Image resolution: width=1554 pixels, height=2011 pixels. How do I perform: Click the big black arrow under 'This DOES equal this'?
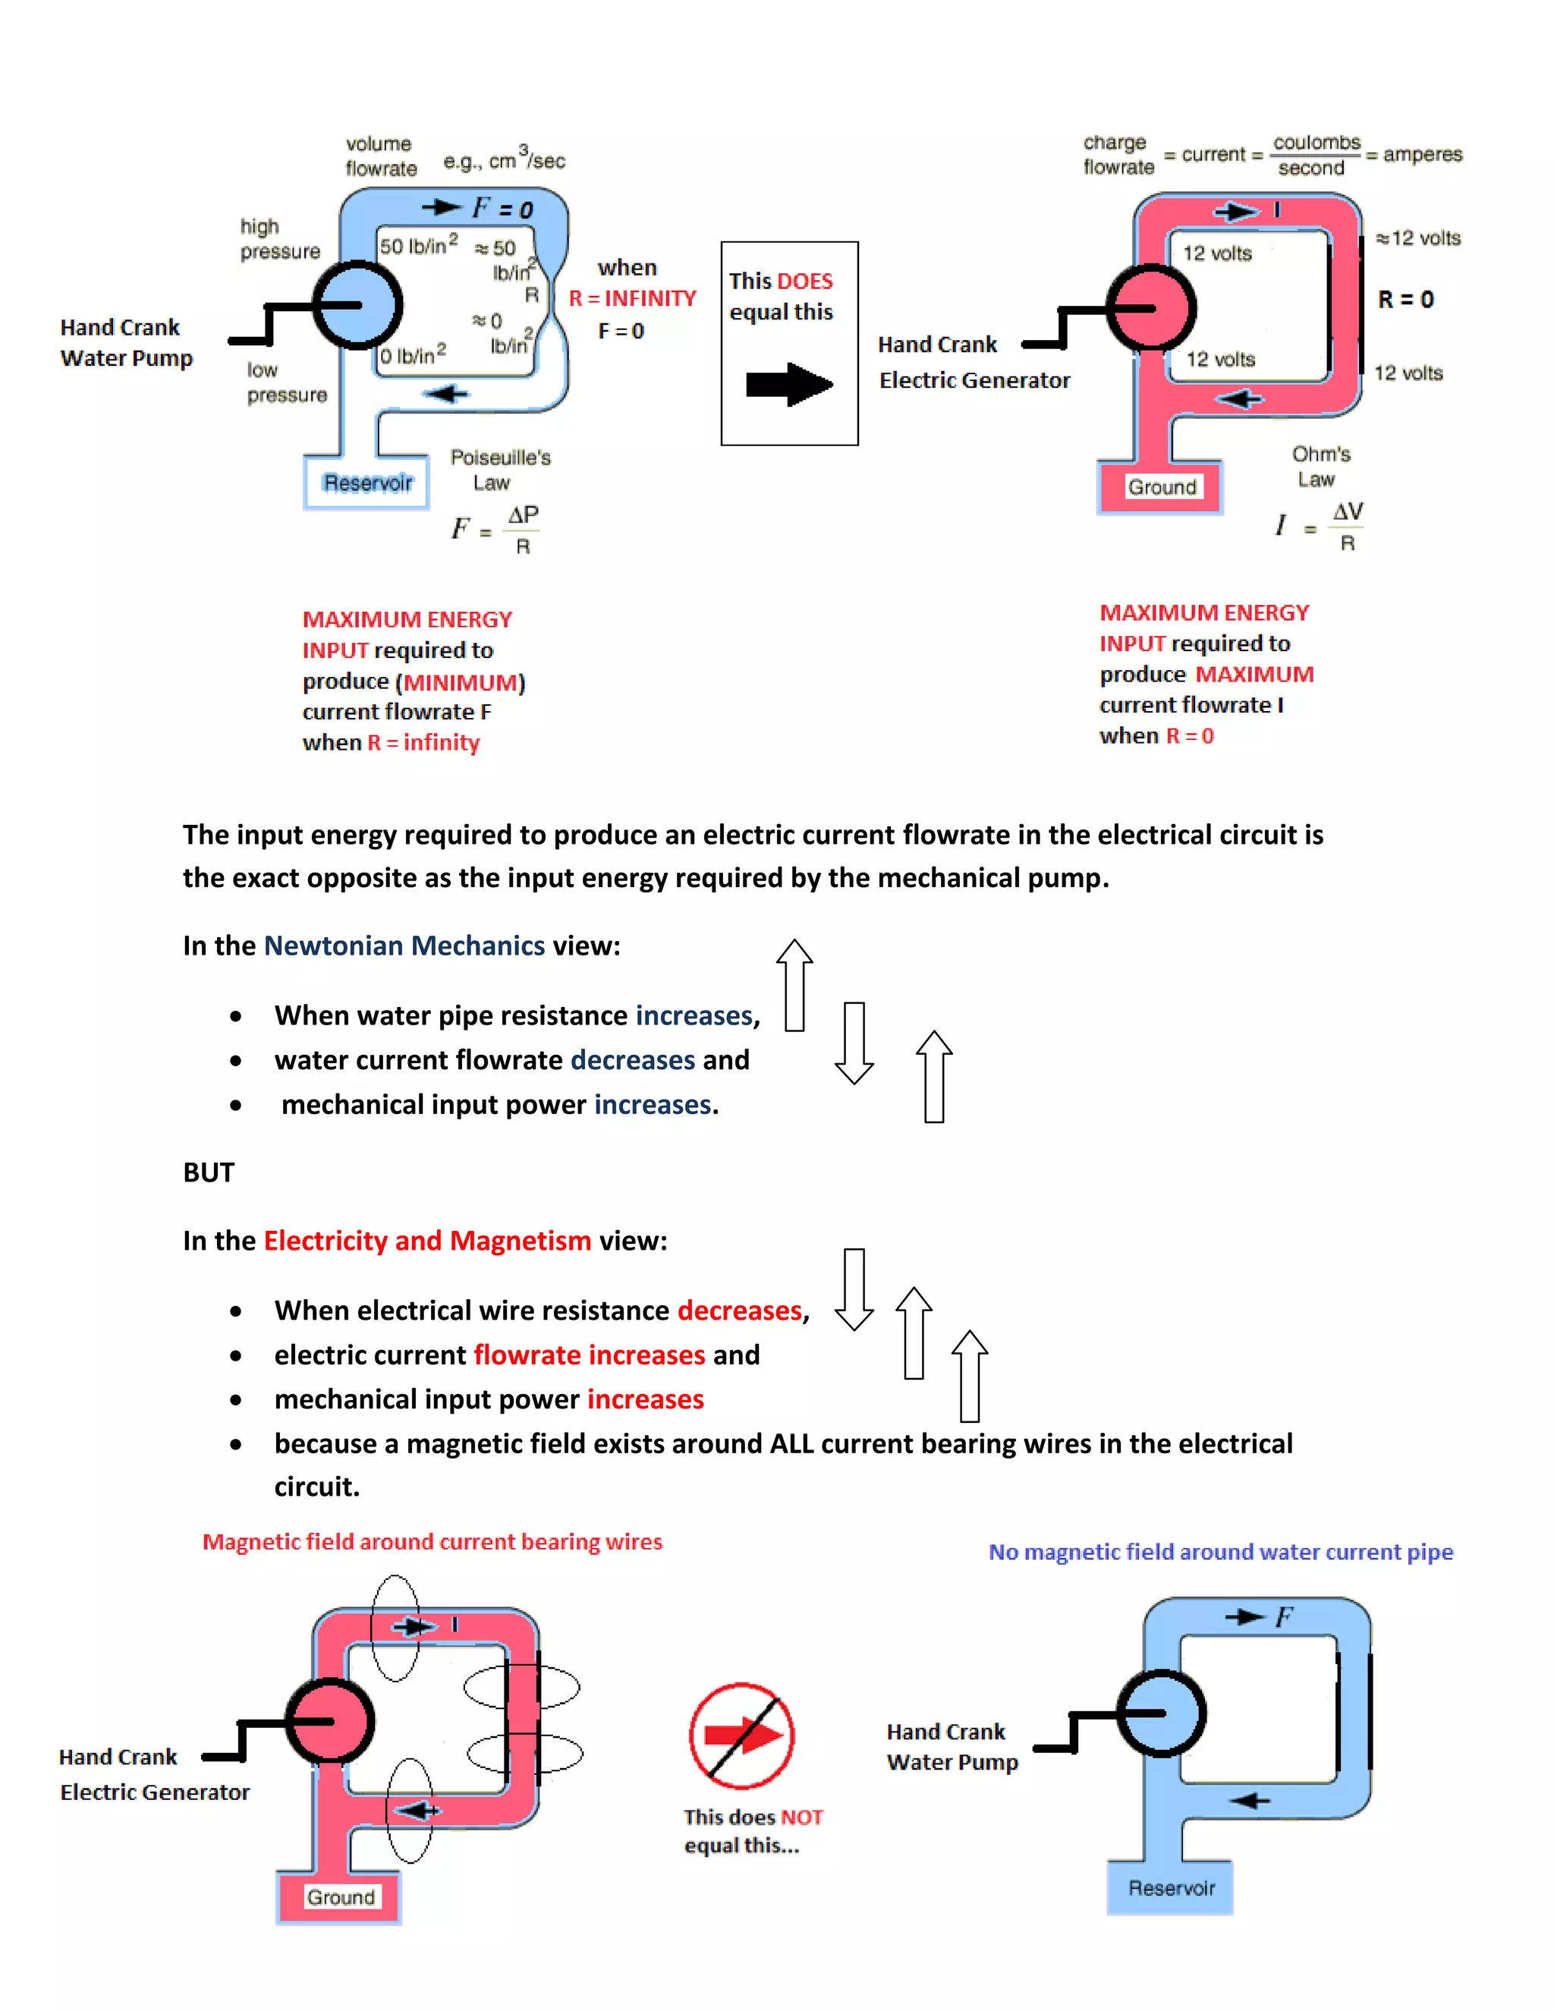789,384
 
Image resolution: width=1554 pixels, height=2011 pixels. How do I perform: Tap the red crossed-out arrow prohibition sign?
742,1736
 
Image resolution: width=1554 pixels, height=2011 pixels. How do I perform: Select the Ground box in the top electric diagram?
1162,487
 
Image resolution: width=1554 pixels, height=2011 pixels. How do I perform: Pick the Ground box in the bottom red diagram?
341,1898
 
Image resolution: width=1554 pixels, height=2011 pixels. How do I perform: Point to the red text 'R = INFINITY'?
633,298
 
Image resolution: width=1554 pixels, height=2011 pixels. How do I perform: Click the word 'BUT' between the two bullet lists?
209,1172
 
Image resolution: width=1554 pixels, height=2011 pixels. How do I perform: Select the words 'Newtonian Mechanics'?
404,946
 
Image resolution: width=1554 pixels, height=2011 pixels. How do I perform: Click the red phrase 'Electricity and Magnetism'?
427,1240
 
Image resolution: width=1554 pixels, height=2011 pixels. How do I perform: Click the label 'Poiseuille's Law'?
500,470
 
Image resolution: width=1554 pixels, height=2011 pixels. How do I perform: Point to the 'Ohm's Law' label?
1320,466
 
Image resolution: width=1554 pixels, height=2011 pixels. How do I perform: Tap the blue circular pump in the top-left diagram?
357,305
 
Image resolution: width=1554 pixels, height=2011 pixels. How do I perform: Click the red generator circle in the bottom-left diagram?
329,1722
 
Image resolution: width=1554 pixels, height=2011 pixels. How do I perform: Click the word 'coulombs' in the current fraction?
1316,143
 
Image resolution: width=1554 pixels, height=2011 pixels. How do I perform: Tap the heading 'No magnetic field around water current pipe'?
1221,1553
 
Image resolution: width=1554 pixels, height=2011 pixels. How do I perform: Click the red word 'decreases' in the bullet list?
740,1311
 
